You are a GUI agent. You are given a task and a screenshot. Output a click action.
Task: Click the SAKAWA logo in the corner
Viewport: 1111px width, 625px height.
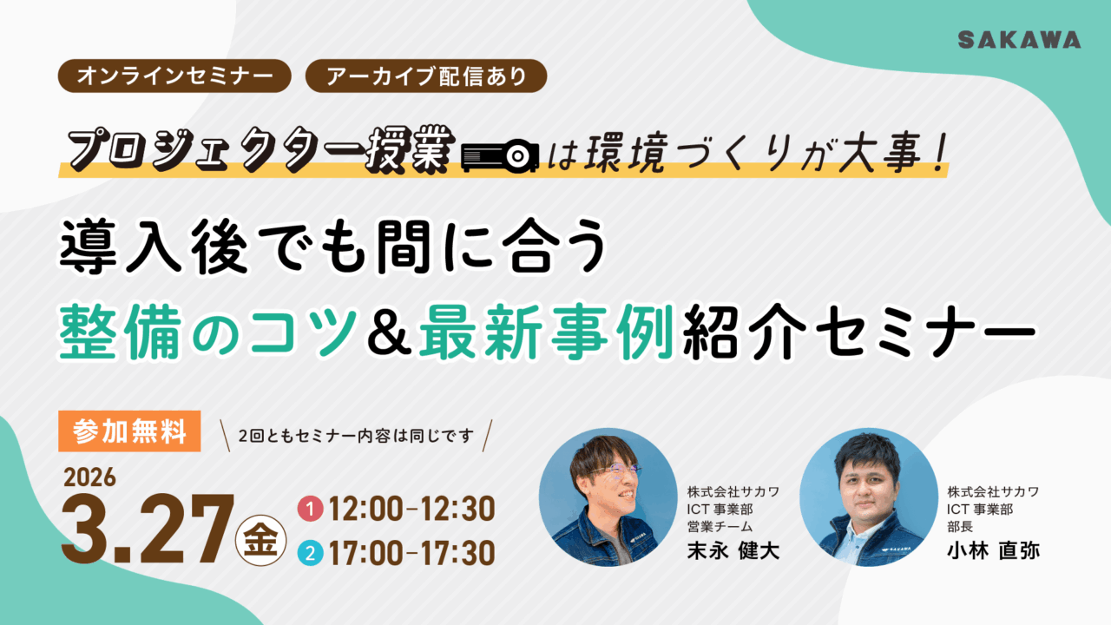(1019, 40)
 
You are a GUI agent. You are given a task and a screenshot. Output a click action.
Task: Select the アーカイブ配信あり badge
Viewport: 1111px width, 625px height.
(426, 76)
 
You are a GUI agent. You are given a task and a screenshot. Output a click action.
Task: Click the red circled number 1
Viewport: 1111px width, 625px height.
(307, 507)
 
